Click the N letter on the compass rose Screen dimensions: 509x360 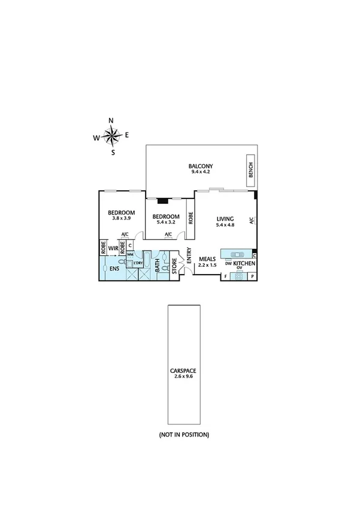point(111,121)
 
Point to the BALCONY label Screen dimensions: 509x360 point(201,166)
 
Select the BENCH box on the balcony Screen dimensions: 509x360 point(250,171)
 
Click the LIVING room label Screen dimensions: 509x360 point(225,219)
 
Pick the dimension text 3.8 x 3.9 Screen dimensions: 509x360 point(121,219)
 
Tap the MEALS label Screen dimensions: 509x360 point(207,258)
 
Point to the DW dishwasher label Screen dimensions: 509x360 point(228,263)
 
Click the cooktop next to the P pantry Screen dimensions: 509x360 point(239,276)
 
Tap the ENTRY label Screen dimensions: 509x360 point(189,256)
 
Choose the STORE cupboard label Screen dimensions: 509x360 point(175,265)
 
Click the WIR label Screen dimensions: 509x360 point(113,247)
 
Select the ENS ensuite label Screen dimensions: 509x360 point(113,269)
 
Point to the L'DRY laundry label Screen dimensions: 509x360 point(138,263)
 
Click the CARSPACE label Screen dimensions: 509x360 point(183,371)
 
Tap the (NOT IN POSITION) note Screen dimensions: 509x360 point(184,434)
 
